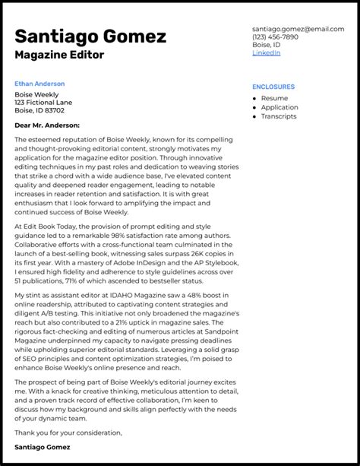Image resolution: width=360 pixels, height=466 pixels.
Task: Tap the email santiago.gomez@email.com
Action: coord(297,28)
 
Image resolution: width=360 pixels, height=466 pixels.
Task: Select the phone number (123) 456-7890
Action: coord(275,36)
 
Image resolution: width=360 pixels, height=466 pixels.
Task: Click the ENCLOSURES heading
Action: coord(273,87)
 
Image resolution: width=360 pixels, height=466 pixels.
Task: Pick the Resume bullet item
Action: coord(274,98)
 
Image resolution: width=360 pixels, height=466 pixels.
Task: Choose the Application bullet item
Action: coord(279,108)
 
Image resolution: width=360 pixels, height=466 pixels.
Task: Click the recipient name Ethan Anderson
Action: coord(39,84)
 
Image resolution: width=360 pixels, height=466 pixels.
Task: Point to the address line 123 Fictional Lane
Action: coord(43,103)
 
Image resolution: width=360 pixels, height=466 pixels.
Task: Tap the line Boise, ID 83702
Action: coord(39,111)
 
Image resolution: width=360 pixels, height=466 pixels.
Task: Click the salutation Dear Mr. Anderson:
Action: coord(46,125)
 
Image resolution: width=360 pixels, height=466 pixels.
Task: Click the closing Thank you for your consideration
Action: coord(68,432)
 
